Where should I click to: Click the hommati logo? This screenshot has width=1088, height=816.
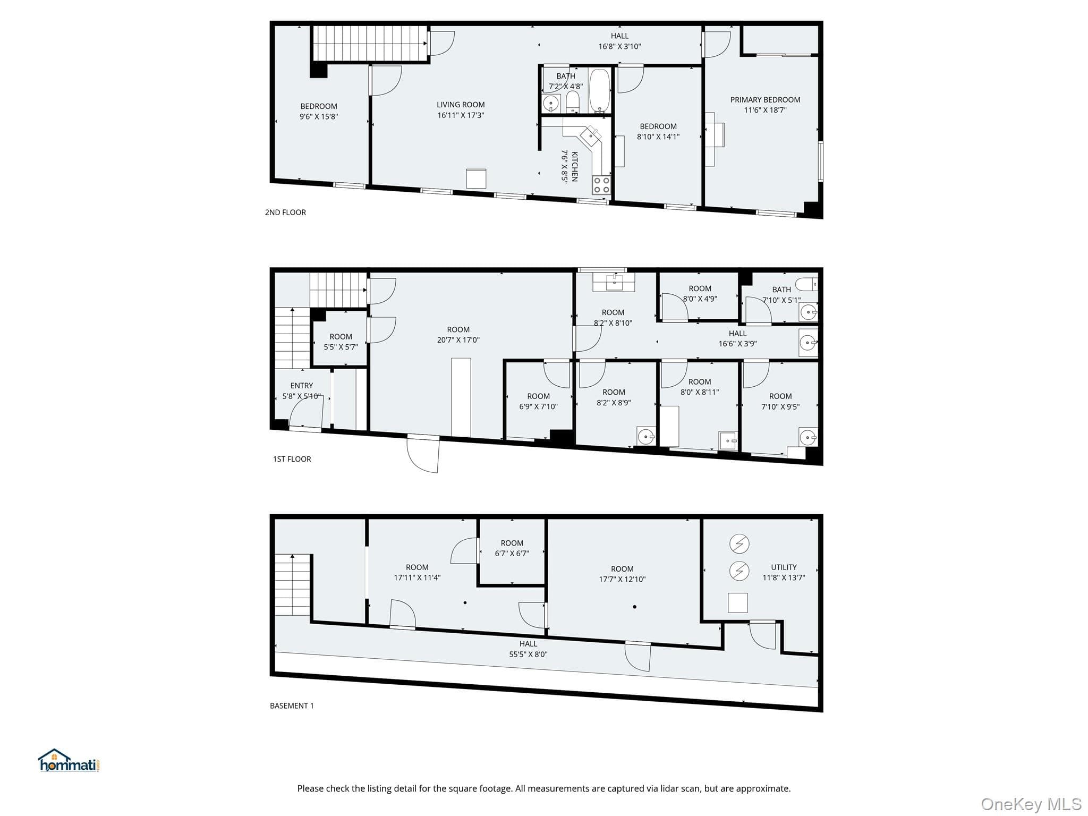tap(69, 760)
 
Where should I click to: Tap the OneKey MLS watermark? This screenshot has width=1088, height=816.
tap(1031, 804)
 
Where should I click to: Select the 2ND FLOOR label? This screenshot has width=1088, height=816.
tap(285, 212)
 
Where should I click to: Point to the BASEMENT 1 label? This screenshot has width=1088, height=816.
tap(292, 706)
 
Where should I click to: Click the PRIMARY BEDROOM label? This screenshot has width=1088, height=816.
tap(765, 100)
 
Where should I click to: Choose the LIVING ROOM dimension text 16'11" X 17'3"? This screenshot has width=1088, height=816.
tap(461, 115)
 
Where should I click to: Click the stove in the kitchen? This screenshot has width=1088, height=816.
tap(601, 185)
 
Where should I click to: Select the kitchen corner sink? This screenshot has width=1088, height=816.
tap(591, 135)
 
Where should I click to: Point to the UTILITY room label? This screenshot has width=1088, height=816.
tap(784, 567)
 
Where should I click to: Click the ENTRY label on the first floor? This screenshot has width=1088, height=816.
tap(302, 386)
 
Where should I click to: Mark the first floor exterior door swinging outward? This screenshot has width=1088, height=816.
tap(423, 453)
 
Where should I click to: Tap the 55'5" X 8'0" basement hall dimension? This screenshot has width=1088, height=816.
tap(528, 654)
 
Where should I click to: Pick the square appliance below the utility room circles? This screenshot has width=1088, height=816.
tap(737, 602)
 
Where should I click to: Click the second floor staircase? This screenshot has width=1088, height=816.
tap(370, 43)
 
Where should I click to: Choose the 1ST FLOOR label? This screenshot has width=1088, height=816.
tap(292, 459)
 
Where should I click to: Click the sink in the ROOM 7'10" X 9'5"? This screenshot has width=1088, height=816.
tap(807, 437)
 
